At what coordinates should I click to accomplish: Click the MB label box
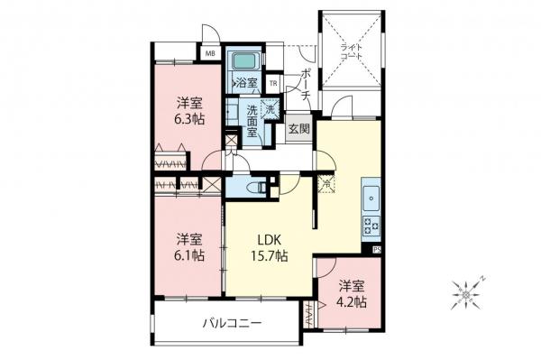210,53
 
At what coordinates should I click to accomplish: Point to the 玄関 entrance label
298,128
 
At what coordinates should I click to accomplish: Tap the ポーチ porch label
307,84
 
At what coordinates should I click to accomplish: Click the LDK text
270,240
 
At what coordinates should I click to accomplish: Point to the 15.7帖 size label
270,256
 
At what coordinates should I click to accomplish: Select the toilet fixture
256,188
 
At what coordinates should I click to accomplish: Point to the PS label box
376,249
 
